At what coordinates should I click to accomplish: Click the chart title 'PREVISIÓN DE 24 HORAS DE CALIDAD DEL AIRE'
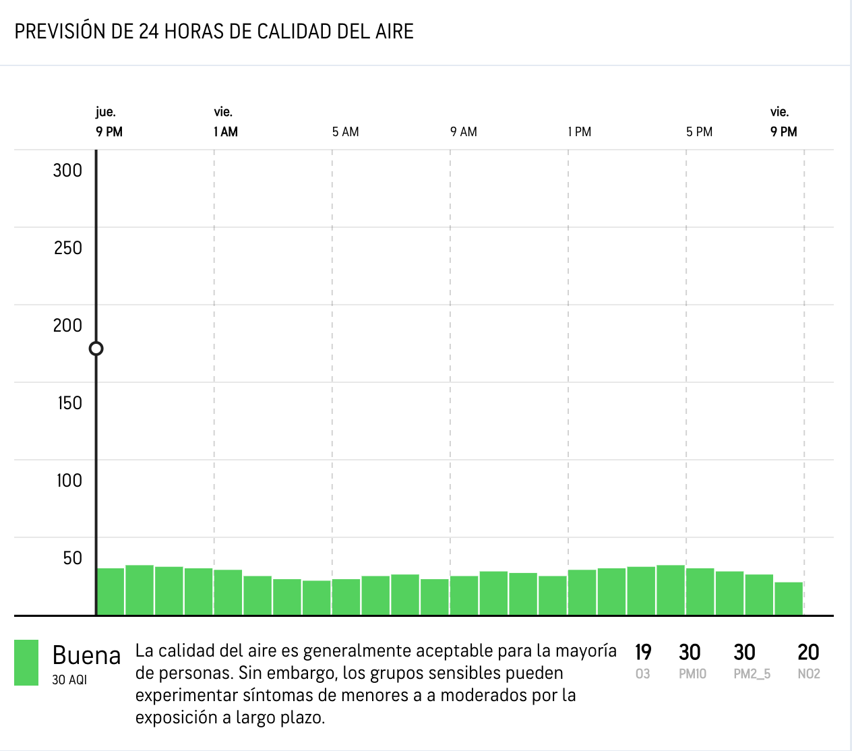click(214, 32)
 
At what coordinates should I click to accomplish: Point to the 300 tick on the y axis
click(67, 171)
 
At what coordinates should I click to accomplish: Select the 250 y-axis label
click(67, 248)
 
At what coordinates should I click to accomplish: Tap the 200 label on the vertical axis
click(67, 326)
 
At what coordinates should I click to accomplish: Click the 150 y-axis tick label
click(69, 403)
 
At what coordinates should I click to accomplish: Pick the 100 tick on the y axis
click(69, 481)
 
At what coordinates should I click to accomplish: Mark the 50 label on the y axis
click(72, 558)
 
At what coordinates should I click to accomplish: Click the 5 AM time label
click(345, 132)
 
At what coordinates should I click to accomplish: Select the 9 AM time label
click(464, 132)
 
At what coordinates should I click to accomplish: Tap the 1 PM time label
click(580, 132)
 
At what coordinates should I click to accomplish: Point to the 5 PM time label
click(699, 132)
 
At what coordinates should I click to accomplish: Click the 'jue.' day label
click(106, 112)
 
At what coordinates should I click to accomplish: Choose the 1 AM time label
click(226, 132)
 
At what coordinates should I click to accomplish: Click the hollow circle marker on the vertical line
click(96, 349)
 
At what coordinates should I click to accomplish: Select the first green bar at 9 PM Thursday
click(111, 591)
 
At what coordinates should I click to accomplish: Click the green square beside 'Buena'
click(26, 663)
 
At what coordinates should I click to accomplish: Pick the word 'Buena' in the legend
click(86, 655)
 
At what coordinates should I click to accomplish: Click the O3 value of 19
click(643, 653)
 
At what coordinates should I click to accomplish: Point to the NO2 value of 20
click(808, 653)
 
